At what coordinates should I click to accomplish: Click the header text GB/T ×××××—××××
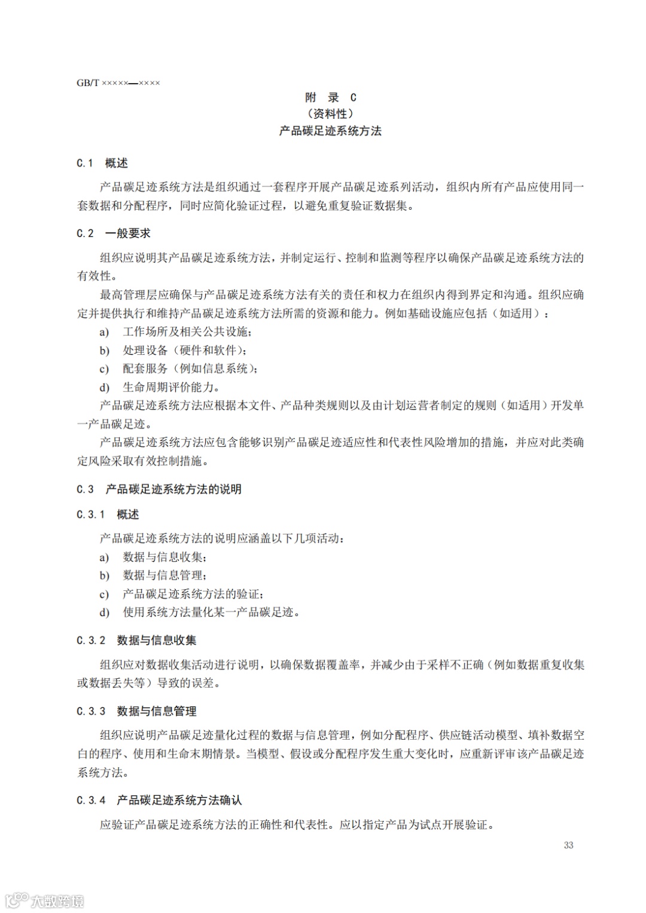click(118, 83)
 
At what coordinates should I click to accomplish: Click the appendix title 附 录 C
click(330, 97)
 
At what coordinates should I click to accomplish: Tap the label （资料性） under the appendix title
click(330, 114)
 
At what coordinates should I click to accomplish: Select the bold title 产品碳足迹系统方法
click(330, 131)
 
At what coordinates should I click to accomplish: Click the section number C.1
click(85, 163)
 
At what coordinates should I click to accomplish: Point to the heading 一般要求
click(128, 234)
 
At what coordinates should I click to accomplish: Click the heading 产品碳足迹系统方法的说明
click(173, 489)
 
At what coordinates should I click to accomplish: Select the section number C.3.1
click(91, 514)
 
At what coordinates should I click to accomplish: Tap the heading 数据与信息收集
click(157, 641)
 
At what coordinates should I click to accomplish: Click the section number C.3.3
click(91, 712)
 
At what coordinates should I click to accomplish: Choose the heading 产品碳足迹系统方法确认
click(179, 801)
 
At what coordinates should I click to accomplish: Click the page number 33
click(568, 845)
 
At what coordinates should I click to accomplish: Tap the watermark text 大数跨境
click(57, 900)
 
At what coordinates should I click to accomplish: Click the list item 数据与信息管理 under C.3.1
click(164, 575)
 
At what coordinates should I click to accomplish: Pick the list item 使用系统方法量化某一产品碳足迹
click(211, 612)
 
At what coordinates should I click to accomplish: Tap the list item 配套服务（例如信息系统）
click(190, 369)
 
